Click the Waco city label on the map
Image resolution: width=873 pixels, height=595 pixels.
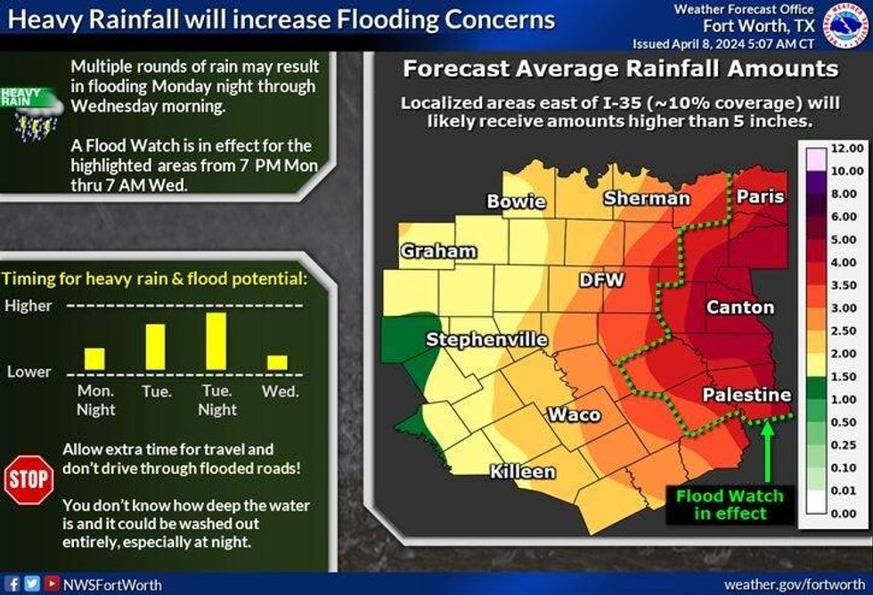[574, 414]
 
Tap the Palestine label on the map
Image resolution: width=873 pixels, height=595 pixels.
[747, 395]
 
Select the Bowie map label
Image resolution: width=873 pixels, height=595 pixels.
[516, 201]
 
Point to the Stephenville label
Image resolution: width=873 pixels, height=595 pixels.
[486, 339]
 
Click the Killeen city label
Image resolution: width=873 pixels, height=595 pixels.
[523, 471]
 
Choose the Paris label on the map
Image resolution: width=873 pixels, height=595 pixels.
[760, 196]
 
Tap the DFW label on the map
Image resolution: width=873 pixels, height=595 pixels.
[602, 280]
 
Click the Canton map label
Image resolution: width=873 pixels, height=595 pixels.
[740, 307]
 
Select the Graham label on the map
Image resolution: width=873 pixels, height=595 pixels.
[438, 251]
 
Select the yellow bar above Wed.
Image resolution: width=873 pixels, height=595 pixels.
[278, 363]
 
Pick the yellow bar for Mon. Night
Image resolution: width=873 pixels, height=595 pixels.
[94, 358]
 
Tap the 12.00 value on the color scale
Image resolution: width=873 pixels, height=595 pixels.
[846, 148]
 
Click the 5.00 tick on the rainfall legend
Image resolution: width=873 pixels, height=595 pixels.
[846, 240]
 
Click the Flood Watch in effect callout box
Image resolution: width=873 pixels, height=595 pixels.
[729, 504]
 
